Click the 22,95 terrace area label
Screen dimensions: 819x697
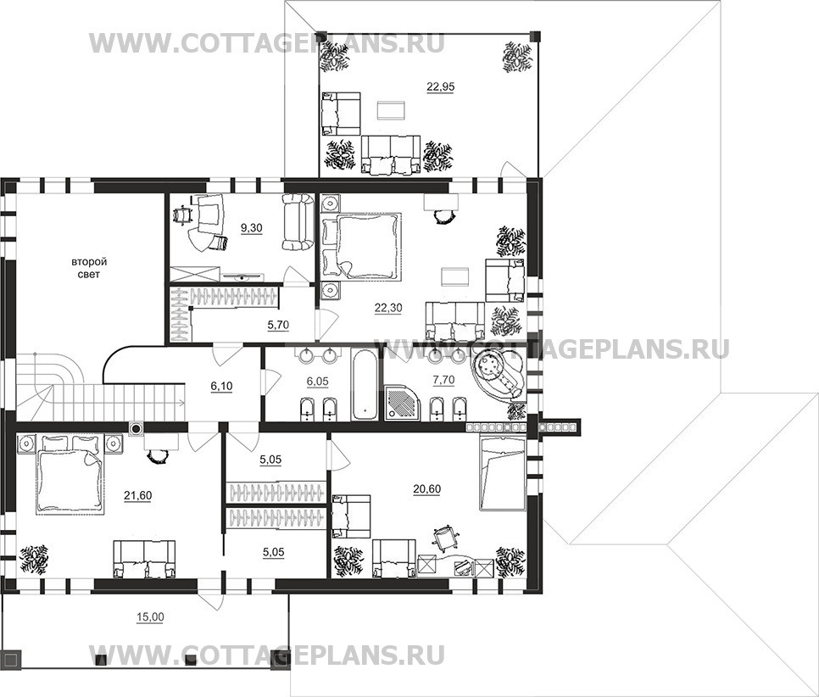click(440, 87)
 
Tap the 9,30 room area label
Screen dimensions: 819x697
click(251, 228)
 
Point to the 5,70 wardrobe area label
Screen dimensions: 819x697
click(278, 325)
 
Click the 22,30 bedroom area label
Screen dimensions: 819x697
click(388, 309)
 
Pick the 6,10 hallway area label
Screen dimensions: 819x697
click(221, 386)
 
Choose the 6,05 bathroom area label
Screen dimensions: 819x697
click(317, 382)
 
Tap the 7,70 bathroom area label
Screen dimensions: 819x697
click(443, 381)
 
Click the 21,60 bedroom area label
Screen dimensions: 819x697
click(138, 495)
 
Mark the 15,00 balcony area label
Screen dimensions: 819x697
click(150, 617)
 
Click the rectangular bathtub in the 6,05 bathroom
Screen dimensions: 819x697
click(365, 383)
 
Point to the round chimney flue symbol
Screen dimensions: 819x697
click(136, 429)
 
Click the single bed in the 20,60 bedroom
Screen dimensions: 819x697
click(502, 473)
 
